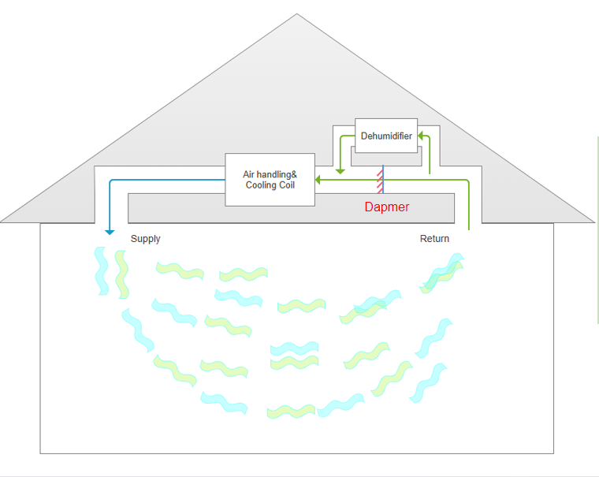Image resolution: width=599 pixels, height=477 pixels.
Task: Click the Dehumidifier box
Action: point(386,136)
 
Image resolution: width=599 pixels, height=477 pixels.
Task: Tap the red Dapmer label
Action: point(387,207)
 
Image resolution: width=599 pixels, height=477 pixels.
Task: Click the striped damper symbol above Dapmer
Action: point(381,180)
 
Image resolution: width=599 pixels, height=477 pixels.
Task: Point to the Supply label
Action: point(146,239)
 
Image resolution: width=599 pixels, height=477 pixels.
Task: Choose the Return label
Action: point(434,239)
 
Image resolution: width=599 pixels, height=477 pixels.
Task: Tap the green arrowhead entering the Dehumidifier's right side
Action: point(422,136)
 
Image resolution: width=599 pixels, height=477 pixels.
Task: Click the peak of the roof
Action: point(297,14)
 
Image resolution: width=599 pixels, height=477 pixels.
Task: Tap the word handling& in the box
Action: point(277,174)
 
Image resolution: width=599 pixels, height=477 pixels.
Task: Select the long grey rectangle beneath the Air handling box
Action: point(292,207)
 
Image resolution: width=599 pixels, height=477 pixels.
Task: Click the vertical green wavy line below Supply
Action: point(121,274)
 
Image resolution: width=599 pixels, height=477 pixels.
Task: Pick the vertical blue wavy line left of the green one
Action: point(101,270)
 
